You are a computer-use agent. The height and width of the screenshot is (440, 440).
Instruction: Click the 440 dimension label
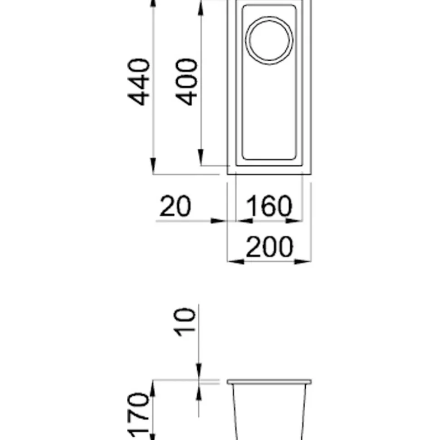tap(138, 82)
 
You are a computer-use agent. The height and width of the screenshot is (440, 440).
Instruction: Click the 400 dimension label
tap(186, 82)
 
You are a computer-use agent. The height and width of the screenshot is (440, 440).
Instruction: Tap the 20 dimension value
tap(176, 206)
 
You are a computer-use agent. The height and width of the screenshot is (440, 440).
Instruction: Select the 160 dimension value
tap(269, 206)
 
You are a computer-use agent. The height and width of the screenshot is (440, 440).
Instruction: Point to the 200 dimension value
tap(269, 247)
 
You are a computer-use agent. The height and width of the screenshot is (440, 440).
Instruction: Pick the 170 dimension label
tap(138, 416)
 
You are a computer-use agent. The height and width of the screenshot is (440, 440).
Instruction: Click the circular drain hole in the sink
tap(269, 40)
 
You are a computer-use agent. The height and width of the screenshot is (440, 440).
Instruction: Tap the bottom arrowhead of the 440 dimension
tap(153, 166)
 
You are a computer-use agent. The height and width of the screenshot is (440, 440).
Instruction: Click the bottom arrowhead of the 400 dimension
tap(200, 157)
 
